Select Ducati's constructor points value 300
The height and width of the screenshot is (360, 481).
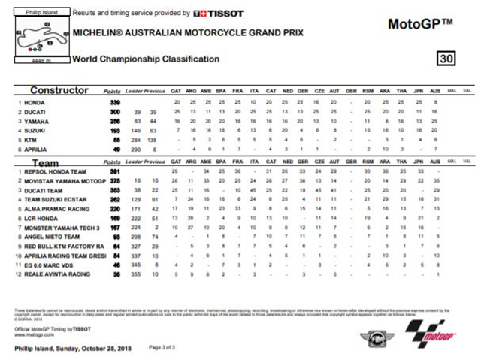[115, 110]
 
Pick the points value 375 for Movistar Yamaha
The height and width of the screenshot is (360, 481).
[115, 180]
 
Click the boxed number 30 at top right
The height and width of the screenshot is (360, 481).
[447, 59]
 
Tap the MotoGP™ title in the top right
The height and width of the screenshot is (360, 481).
[420, 24]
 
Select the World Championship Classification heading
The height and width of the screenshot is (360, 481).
[146, 59]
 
